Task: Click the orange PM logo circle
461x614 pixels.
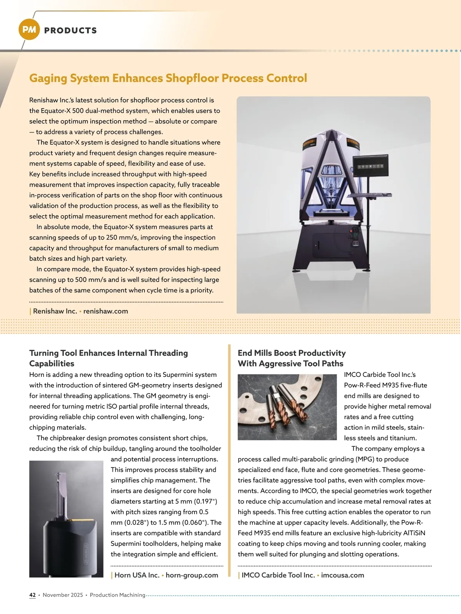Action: pos(29,30)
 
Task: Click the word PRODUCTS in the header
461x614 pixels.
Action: pos(70,31)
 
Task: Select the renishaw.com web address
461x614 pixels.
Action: pos(106,311)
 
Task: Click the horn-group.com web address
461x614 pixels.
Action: pos(192,575)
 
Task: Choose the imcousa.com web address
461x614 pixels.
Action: pos(342,575)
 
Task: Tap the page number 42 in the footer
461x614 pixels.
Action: pos(32,595)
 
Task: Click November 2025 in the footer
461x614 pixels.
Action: pos(63,595)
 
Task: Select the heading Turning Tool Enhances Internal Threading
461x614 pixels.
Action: pos(108,353)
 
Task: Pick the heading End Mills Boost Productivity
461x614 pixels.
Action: pos(292,353)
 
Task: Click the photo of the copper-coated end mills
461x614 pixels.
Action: pos(287,407)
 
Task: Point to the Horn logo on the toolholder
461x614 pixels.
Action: pos(86,553)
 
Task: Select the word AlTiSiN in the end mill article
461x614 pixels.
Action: pos(411,533)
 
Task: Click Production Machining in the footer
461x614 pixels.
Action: pos(118,595)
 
